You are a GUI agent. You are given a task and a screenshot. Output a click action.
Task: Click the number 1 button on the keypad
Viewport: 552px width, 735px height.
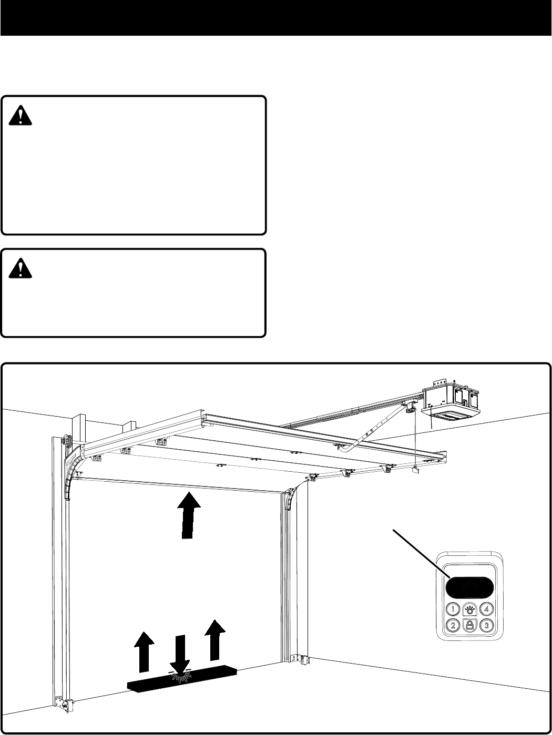coord(452,609)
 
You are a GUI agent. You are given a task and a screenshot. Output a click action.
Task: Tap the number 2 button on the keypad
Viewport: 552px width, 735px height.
coord(452,625)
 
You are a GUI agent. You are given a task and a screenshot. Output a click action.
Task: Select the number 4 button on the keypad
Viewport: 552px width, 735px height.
coord(487,609)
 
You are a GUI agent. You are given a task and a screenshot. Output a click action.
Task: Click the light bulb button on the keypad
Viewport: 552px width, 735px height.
coord(469,609)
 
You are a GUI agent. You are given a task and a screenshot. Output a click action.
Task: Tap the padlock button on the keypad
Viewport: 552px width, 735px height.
coord(469,625)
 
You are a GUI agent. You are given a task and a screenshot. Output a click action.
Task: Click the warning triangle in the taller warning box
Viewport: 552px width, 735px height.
coord(21,114)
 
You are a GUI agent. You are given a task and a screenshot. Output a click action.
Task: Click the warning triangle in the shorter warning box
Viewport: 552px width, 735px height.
coord(21,267)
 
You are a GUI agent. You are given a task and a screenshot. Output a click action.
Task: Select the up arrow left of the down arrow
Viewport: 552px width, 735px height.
coord(144,651)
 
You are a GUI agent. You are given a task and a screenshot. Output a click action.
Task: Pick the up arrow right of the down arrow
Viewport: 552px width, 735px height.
coord(214,640)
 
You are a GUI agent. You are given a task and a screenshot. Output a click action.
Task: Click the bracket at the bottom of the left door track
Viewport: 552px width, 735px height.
coord(62,703)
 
